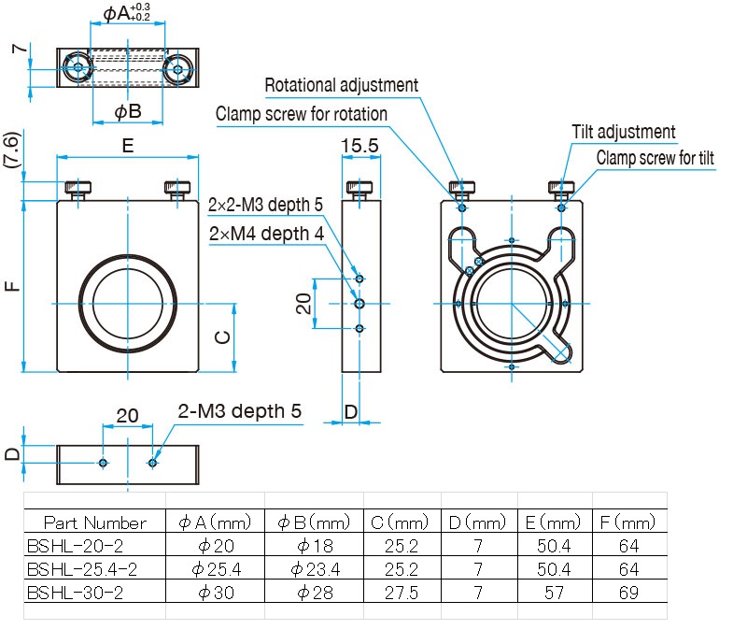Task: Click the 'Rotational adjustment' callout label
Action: [341, 85]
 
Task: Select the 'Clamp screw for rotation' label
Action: [302, 114]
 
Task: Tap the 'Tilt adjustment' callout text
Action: [624, 132]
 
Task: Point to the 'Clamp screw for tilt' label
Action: [655, 158]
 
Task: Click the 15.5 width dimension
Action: [359, 145]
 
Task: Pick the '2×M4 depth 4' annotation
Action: [266, 234]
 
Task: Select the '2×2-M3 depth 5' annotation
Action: [265, 205]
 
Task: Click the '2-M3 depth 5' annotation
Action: [239, 411]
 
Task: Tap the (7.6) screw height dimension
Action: [12, 150]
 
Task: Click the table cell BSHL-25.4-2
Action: [82, 569]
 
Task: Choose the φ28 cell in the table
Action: [315, 593]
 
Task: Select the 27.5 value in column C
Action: [402, 593]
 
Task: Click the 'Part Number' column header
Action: [95, 522]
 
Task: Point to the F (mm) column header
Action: [627, 522]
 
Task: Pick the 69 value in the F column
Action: [628, 593]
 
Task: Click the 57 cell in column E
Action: [554, 593]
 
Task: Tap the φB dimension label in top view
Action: [128, 111]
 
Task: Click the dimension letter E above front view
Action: [128, 146]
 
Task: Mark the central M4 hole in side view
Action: [359, 304]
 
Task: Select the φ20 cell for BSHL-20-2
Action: [216, 546]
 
